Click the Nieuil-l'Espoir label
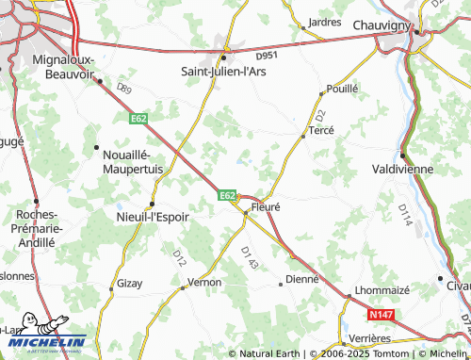coord(152,216)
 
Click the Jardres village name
coord(325,21)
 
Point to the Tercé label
coord(322,132)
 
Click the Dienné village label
coord(302,279)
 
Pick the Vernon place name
coord(204,282)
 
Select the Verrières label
coord(369,337)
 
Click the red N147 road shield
coord(381,314)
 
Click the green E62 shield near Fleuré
coord(227,195)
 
